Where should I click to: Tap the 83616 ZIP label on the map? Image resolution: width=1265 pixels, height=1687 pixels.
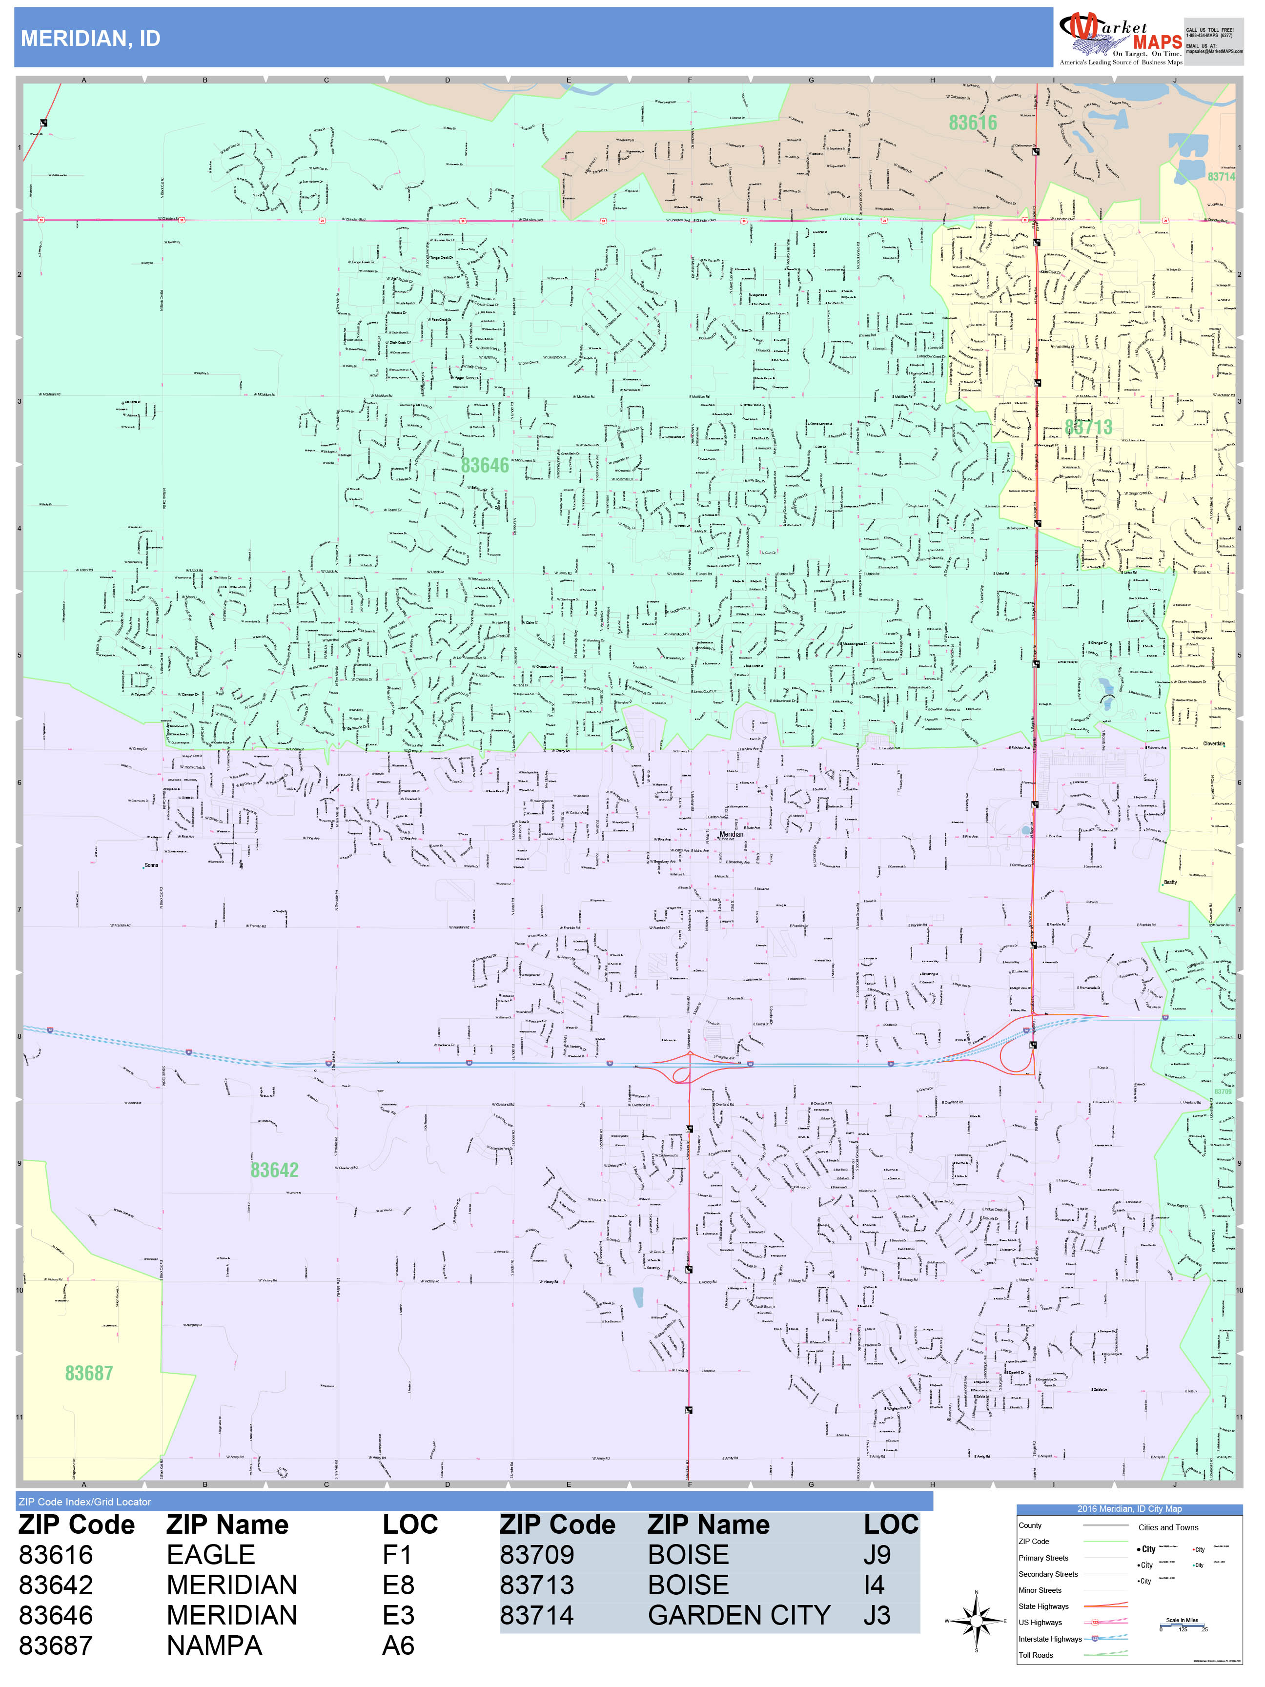pos(972,122)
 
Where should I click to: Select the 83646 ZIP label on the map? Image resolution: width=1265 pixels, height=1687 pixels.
pos(484,465)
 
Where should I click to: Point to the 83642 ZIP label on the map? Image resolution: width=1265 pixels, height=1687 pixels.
pos(274,1169)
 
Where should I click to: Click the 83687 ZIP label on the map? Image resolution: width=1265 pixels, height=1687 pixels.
pos(88,1373)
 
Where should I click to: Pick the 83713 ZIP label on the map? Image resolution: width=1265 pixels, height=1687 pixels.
pos(1088,427)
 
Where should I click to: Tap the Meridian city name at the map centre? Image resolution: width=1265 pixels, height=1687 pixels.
pos(731,834)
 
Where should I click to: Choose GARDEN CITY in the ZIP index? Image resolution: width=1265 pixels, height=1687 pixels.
pos(738,1615)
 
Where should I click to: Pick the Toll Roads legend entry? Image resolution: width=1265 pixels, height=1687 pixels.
pos(1036,1654)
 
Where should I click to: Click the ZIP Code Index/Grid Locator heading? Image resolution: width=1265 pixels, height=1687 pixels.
pos(84,1502)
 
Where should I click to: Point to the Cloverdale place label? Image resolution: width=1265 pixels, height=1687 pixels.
pos(1213,743)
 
